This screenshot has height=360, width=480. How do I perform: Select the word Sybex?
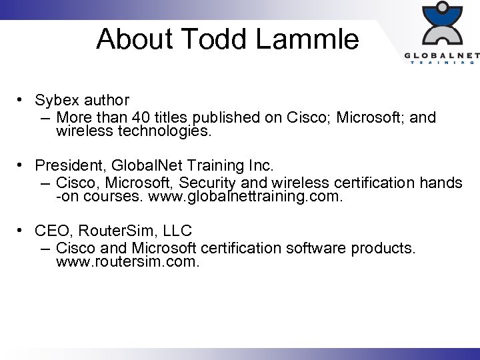coord(57,101)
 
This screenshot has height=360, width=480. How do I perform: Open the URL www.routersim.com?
coord(127,262)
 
